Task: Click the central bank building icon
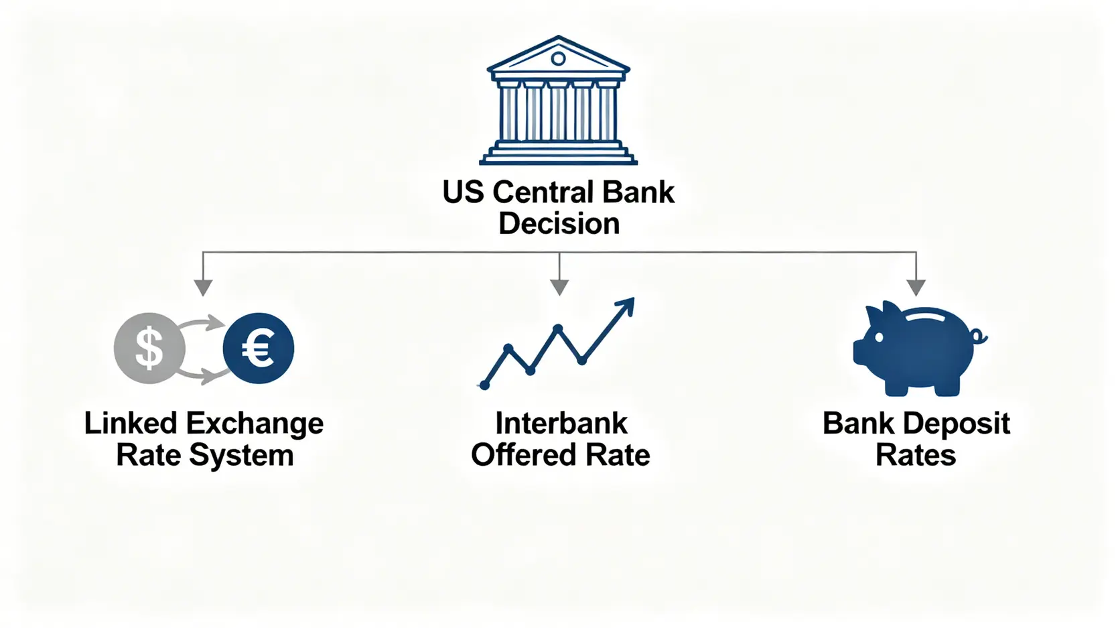point(558,100)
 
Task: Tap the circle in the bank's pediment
point(558,59)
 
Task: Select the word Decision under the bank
point(559,223)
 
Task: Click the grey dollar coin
point(149,348)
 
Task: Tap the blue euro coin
point(258,348)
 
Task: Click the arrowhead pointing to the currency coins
point(203,288)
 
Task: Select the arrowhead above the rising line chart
point(559,288)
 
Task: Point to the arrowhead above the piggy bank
point(916,288)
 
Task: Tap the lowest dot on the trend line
point(484,385)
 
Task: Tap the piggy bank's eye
point(879,337)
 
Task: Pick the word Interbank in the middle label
point(561,424)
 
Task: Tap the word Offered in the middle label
point(524,455)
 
